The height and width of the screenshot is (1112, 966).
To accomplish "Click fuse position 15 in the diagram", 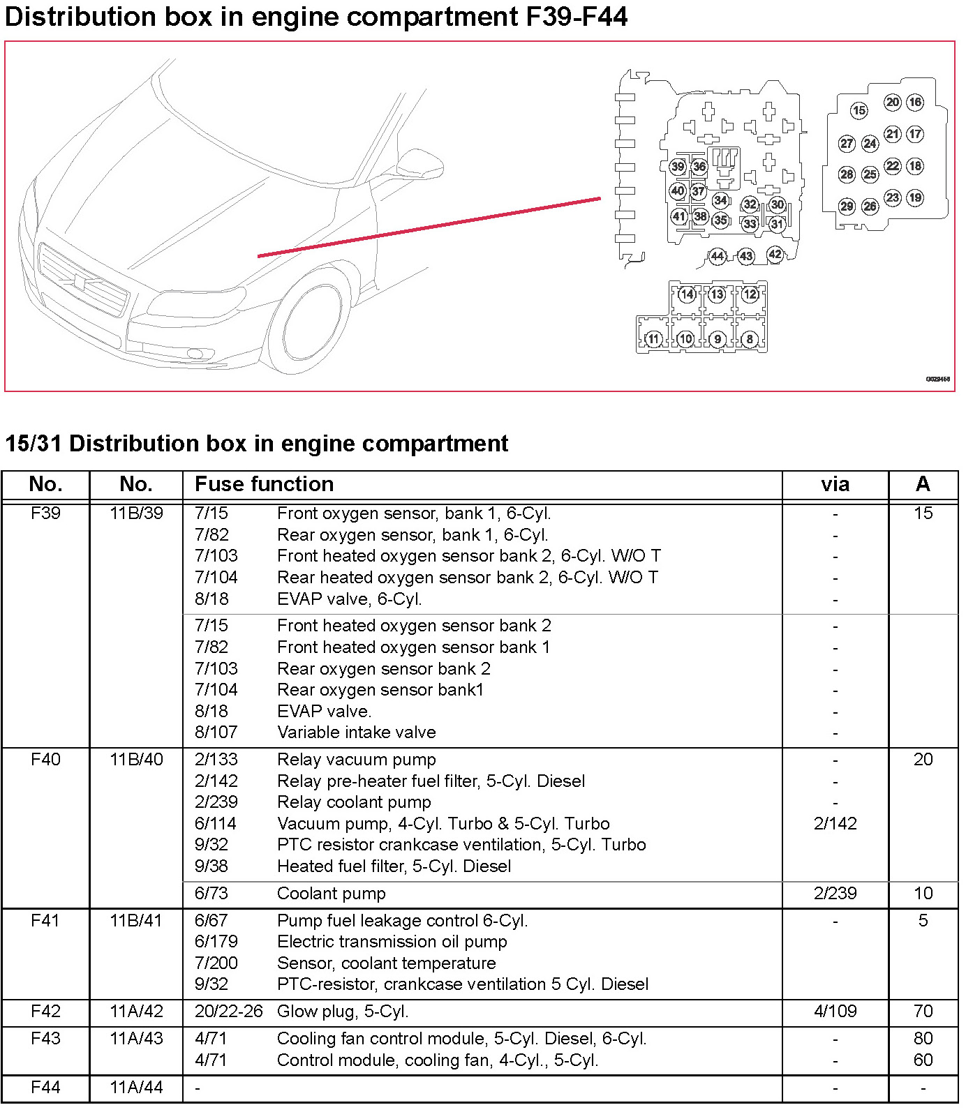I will [x=859, y=110].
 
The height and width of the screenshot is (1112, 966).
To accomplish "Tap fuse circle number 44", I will [x=717, y=256].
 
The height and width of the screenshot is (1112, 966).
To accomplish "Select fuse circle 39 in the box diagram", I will [x=677, y=167].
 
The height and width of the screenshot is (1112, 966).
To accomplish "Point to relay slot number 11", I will [x=653, y=339].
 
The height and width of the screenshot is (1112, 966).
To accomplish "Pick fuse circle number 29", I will [x=847, y=206].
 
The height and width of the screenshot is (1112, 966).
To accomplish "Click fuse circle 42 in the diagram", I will [x=775, y=254].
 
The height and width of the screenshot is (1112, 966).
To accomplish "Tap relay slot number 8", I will [x=750, y=339].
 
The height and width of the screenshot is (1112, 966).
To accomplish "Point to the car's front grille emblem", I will [x=79, y=282].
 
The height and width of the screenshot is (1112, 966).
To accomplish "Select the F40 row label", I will [x=46, y=760].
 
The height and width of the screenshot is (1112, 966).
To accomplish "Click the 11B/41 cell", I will [x=136, y=921].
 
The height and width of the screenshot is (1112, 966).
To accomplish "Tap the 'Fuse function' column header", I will [x=264, y=484].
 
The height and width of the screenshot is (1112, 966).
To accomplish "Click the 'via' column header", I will [x=835, y=484].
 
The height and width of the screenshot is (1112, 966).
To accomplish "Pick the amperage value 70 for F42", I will [x=923, y=1012].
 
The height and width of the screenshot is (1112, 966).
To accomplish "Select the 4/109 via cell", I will [x=835, y=1012].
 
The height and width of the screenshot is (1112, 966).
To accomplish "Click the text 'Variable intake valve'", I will [x=356, y=732].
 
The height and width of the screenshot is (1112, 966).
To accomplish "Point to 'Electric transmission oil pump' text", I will [x=392, y=942].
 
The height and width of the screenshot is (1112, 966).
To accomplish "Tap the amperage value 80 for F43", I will [x=923, y=1039].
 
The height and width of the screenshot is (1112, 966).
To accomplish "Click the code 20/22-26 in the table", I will [x=228, y=1012].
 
